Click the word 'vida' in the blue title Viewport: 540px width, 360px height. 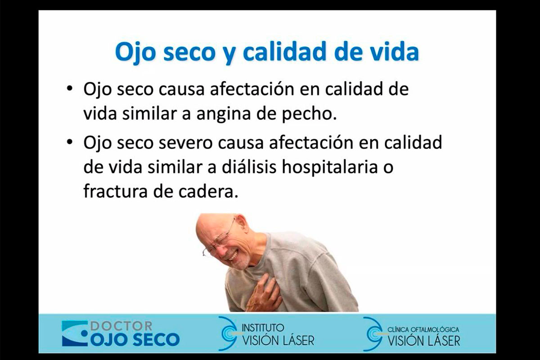(x=394, y=52)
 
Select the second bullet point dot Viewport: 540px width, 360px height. (x=70, y=143)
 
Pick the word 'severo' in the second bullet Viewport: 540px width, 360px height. (x=185, y=143)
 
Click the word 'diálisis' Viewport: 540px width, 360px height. (x=249, y=167)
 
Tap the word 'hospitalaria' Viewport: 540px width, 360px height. (x=329, y=168)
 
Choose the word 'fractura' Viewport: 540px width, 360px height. (x=116, y=191)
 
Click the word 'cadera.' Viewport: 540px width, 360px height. (x=208, y=191)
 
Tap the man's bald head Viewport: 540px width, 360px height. (x=212, y=224)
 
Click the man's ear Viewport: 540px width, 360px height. (x=241, y=223)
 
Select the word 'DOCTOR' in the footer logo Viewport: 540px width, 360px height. (x=121, y=326)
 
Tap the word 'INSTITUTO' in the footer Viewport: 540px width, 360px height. (x=263, y=328)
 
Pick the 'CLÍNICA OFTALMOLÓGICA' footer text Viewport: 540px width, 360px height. (x=423, y=329)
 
